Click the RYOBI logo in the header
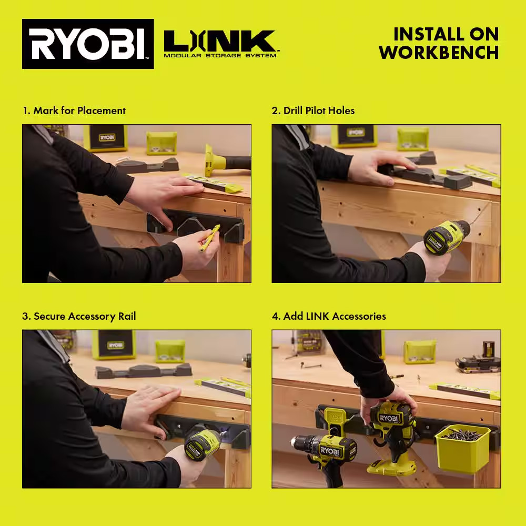[88, 44]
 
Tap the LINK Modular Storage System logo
[220, 44]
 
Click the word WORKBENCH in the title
[439, 53]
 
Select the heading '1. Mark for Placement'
[74, 110]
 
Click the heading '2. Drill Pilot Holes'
[313, 110]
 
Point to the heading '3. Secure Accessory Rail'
[79, 316]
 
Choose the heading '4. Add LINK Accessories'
[329, 316]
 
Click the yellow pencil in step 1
[209, 238]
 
